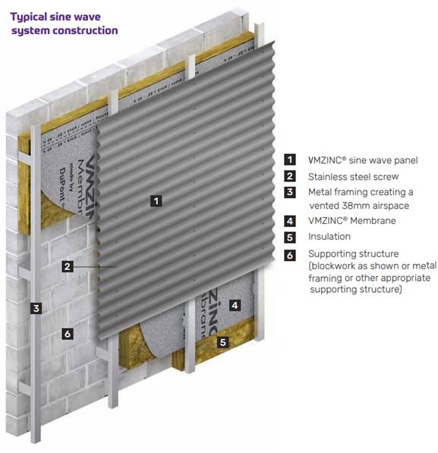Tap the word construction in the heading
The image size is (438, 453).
tap(87, 31)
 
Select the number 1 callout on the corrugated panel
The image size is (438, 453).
tap(156, 201)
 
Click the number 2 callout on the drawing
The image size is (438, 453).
tap(68, 266)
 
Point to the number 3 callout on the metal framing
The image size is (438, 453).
tap(35, 308)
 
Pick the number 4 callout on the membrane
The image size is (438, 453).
tap(235, 306)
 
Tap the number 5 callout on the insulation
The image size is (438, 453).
tap(223, 342)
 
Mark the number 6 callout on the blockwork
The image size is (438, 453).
tap(68, 333)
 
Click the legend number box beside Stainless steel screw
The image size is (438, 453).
tap(289, 176)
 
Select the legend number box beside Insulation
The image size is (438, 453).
tap(289, 237)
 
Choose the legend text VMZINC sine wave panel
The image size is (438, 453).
tap(362, 160)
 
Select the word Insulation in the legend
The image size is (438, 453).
tap(329, 237)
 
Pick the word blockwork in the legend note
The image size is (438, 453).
tap(336, 266)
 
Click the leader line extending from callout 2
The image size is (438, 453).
tap(95, 266)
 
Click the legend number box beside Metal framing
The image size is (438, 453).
tap(289, 192)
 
